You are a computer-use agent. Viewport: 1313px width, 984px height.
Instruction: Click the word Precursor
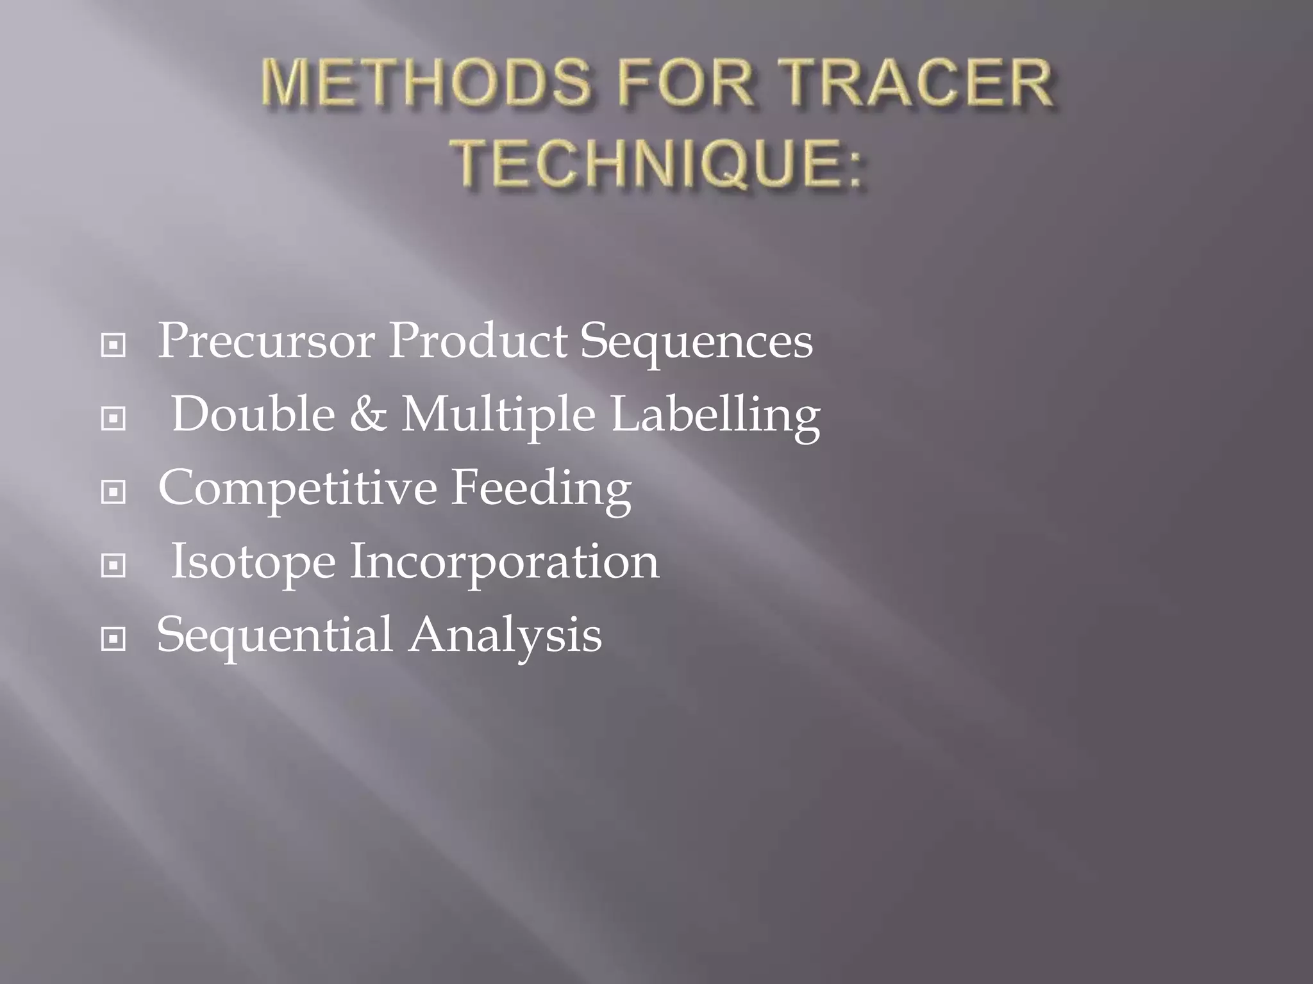(266, 341)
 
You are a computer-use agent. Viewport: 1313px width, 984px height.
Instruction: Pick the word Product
(478, 341)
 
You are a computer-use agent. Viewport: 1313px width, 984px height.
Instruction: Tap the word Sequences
(696, 342)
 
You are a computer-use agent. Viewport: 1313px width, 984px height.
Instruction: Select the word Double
(253, 414)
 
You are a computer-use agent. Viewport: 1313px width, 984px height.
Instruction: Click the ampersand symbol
(368, 414)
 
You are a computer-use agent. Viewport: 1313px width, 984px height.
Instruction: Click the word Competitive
(297, 489)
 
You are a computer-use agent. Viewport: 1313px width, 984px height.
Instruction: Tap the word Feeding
(541, 489)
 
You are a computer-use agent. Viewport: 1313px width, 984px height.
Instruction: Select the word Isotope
(253, 562)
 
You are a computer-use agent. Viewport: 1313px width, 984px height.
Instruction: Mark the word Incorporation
(504, 562)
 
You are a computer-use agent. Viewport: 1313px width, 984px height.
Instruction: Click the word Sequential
(274, 635)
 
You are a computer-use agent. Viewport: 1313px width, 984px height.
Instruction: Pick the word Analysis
(506, 635)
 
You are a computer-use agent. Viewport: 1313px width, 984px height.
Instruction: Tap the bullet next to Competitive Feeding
(113, 493)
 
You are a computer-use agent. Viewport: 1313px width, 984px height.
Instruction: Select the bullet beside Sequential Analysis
(113, 639)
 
